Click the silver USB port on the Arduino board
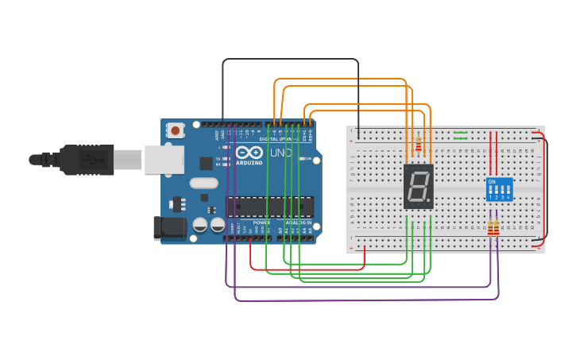pos(163,159)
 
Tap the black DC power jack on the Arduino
pos(169,227)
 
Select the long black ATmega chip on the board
pos(269,207)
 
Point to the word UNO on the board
pos(280,153)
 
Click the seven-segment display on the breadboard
pos(419,187)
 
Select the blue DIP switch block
pos(499,189)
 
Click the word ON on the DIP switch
pos(492,182)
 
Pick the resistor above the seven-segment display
pos(419,143)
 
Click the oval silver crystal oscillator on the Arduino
pos(204,183)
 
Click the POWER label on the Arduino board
pos(261,223)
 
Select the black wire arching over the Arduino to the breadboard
pos(290,60)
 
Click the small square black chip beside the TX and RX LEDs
pos(207,163)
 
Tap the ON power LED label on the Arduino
pos(307,159)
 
